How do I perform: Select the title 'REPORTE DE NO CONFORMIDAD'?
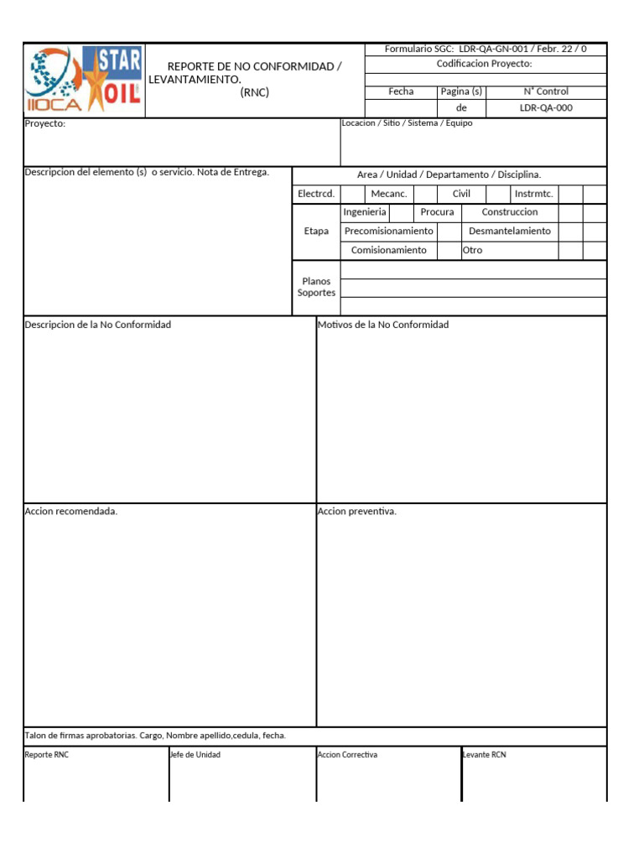coord(254,66)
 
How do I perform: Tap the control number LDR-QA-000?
coord(546,108)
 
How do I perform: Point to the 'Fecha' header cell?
coord(401,91)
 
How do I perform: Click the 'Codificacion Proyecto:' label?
coord(485,64)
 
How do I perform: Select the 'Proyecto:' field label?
coord(45,124)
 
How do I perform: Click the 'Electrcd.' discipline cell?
coord(316,194)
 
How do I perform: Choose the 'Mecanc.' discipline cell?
coord(389,194)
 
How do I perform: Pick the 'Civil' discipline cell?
coord(461,194)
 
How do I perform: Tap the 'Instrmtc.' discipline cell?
coord(534,194)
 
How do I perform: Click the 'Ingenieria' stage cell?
coord(365,212)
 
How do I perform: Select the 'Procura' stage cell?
coord(437,212)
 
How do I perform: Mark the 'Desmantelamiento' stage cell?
coord(510,231)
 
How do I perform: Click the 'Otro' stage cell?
coord(473,250)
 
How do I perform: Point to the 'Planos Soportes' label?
coord(316,287)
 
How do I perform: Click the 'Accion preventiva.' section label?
coord(357,512)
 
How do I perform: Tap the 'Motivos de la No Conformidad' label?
coord(383,325)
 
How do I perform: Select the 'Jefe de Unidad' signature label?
coord(195,755)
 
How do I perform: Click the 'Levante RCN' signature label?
coord(485,755)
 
